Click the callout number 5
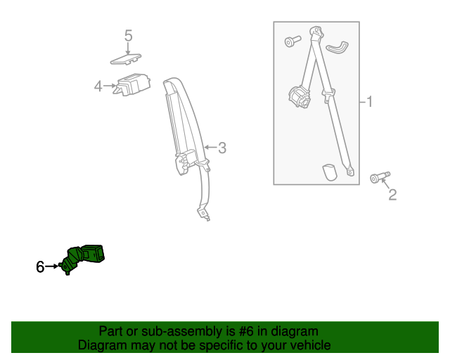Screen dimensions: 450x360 click(x=128, y=36)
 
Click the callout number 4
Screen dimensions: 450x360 click(x=98, y=86)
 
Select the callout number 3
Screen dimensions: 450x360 click(x=222, y=148)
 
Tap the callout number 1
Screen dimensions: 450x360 click(x=370, y=102)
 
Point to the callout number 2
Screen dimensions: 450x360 click(x=392, y=195)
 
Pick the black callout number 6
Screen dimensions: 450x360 click(x=40, y=266)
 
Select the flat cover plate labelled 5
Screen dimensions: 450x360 click(x=126, y=59)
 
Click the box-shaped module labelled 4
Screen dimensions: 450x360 click(x=131, y=84)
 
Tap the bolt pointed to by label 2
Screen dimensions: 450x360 click(x=380, y=177)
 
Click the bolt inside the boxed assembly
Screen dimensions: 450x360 click(x=292, y=41)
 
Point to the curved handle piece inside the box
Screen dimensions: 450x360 click(x=337, y=47)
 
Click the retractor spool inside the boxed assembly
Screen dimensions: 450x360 click(x=299, y=97)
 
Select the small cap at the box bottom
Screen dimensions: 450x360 click(x=330, y=172)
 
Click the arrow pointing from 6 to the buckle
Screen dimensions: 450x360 click(x=51, y=266)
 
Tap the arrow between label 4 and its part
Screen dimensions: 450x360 click(x=110, y=86)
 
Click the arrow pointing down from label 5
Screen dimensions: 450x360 click(x=128, y=49)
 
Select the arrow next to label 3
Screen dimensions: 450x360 click(x=210, y=148)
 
